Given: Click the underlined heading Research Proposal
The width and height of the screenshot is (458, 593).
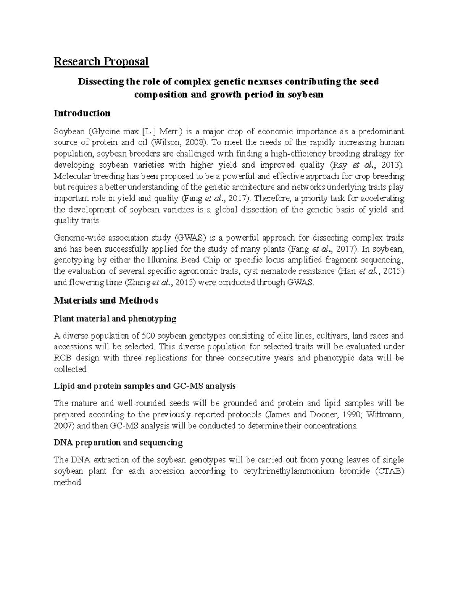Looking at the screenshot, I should [101, 61].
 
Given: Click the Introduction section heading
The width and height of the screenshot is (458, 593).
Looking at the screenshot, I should [82, 113].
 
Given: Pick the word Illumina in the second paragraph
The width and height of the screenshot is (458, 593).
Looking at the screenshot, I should [153, 260].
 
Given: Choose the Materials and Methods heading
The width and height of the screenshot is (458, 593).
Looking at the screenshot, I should [106, 301].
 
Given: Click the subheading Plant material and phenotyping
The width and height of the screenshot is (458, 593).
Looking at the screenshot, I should [115, 318].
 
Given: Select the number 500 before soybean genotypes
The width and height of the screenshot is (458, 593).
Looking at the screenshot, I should [148, 336].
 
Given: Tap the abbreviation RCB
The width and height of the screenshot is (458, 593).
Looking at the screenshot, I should [63, 358].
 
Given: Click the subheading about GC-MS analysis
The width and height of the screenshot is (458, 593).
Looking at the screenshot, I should [145, 386].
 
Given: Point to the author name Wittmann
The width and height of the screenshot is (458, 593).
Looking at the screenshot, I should [385, 415].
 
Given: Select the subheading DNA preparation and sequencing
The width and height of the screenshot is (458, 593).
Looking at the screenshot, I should [118, 443].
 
